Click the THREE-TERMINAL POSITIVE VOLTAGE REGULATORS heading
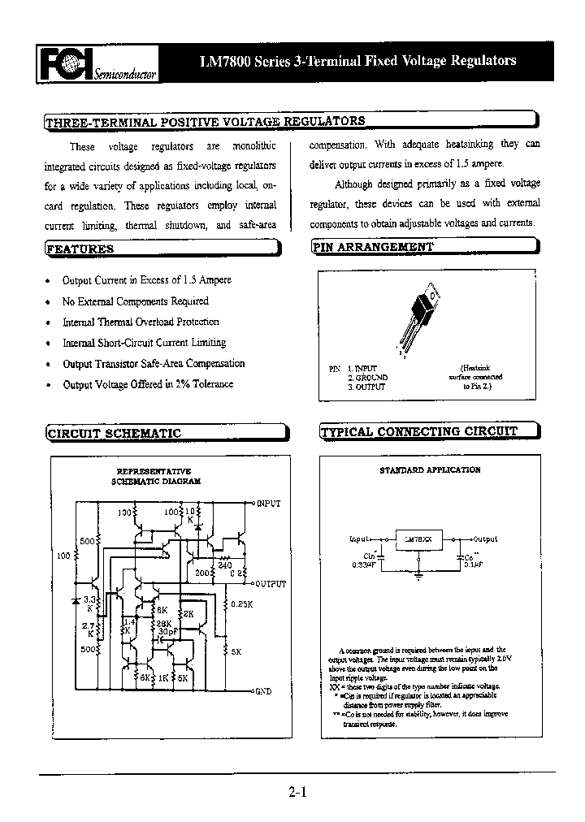[205, 122]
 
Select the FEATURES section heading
[80, 249]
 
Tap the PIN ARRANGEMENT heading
[374, 247]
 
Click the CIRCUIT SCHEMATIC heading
[114, 434]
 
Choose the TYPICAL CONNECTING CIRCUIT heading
[419, 432]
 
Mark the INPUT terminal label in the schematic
[269, 504]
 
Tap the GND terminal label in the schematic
[263, 691]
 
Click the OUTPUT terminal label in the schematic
[271, 584]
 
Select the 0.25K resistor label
[242, 604]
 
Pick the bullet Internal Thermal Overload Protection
[141, 322]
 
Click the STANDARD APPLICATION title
[430, 470]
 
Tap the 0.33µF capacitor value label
[363, 564]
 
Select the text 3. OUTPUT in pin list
[366, 387]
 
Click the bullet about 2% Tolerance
[148, 384]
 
